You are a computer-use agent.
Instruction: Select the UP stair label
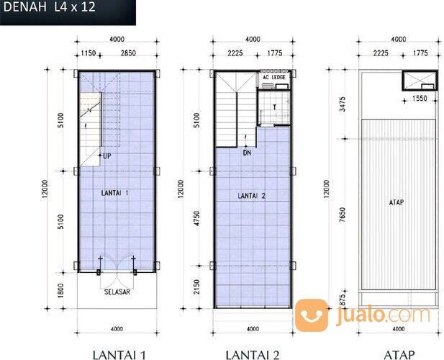[107, 156]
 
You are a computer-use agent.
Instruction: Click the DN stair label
[247, 152]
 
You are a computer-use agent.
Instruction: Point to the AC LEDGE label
[275, 76]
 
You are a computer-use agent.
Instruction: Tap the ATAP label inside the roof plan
[396, 202]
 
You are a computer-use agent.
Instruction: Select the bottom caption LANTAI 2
[252, 354]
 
